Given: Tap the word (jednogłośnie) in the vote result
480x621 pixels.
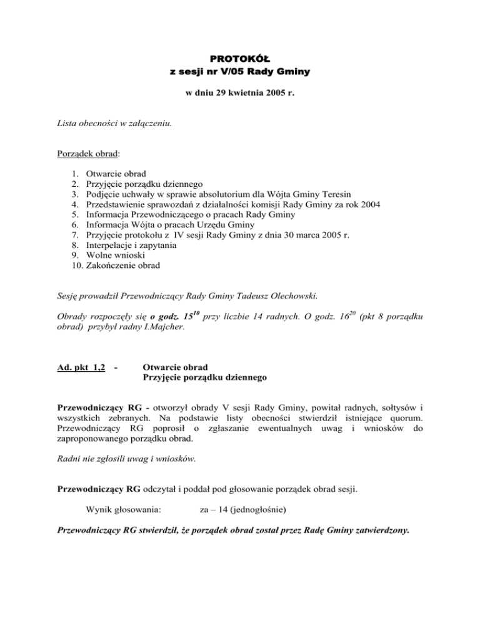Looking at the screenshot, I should click(x=257, y=510).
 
